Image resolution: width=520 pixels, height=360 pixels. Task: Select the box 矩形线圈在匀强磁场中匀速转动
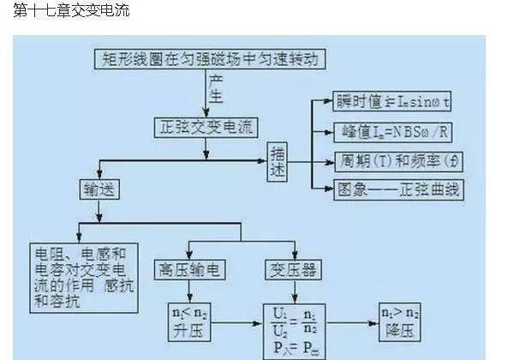pos(209,58)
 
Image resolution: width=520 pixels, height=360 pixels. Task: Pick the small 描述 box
pos(278,160)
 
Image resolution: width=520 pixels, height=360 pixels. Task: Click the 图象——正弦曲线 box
pos(395,189)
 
